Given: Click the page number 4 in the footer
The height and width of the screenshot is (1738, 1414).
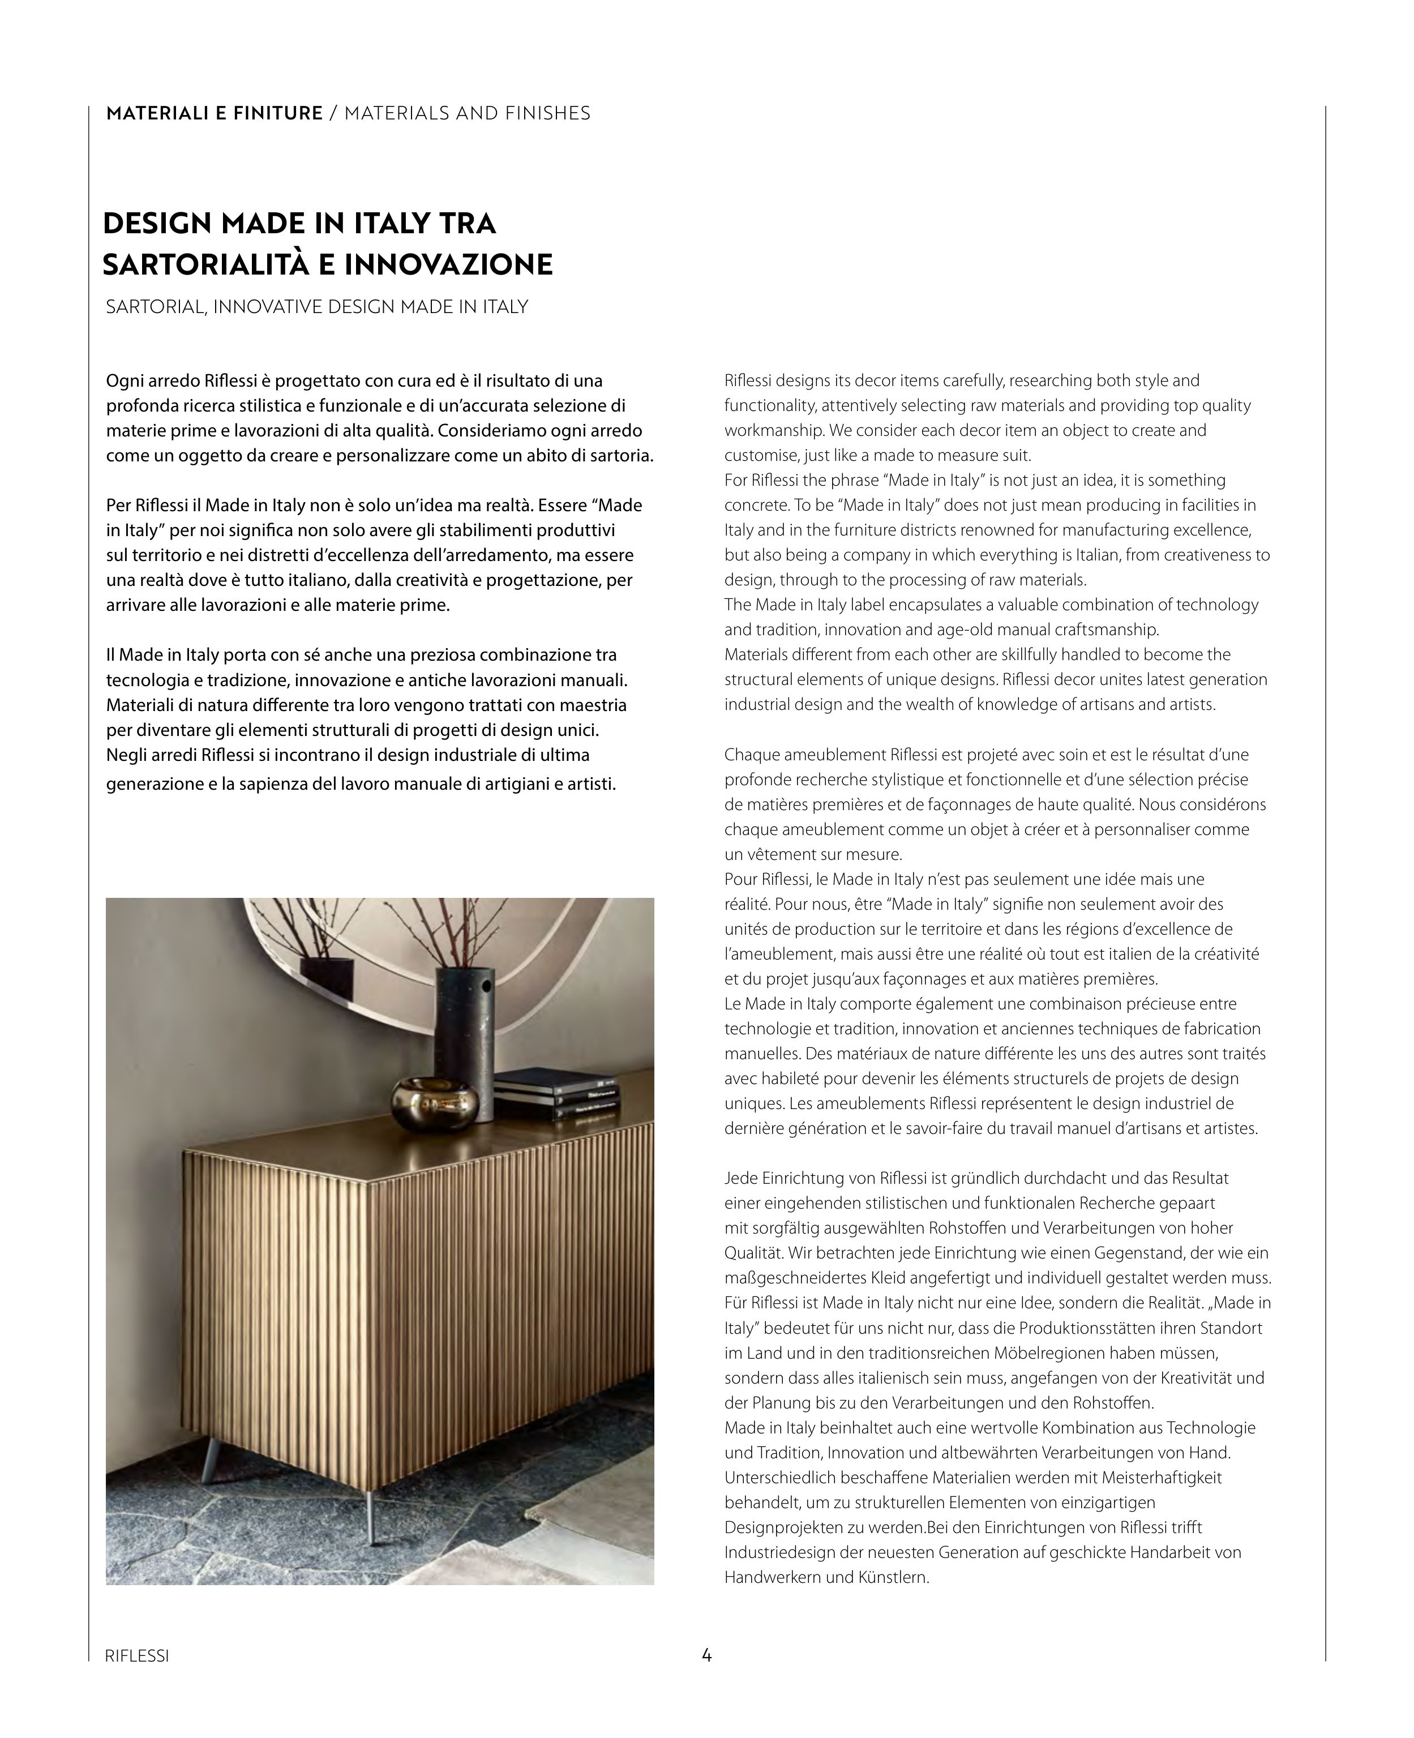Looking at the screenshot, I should (x=706, y=1655).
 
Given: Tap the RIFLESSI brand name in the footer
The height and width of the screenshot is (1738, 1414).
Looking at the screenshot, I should (x=137, y=1656).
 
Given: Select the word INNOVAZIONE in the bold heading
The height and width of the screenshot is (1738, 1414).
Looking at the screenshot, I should (x=449, y=265).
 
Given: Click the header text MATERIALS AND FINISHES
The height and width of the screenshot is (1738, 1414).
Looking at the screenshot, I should (x=468, y=113).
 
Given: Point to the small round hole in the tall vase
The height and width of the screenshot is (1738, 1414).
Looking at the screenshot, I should (x=486, y=988).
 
